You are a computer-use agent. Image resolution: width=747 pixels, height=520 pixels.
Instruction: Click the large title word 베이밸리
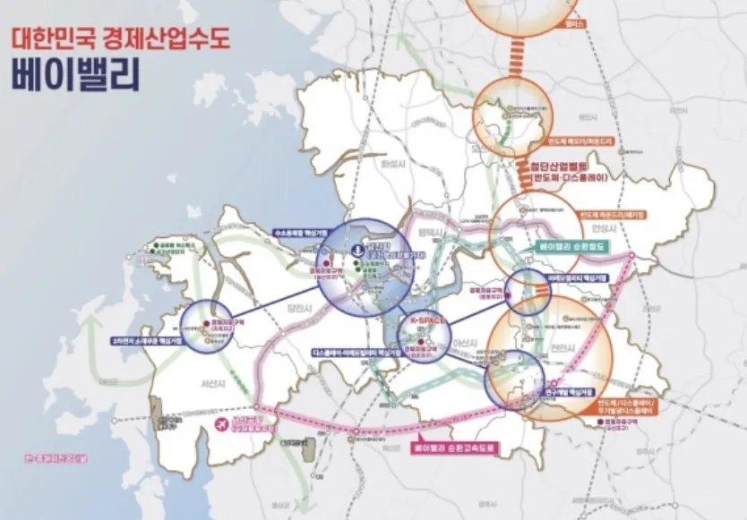[76, 74]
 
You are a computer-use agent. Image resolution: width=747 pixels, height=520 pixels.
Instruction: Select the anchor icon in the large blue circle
[358, 249]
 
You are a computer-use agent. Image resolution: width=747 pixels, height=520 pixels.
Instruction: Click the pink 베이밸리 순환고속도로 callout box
[453, 446]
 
